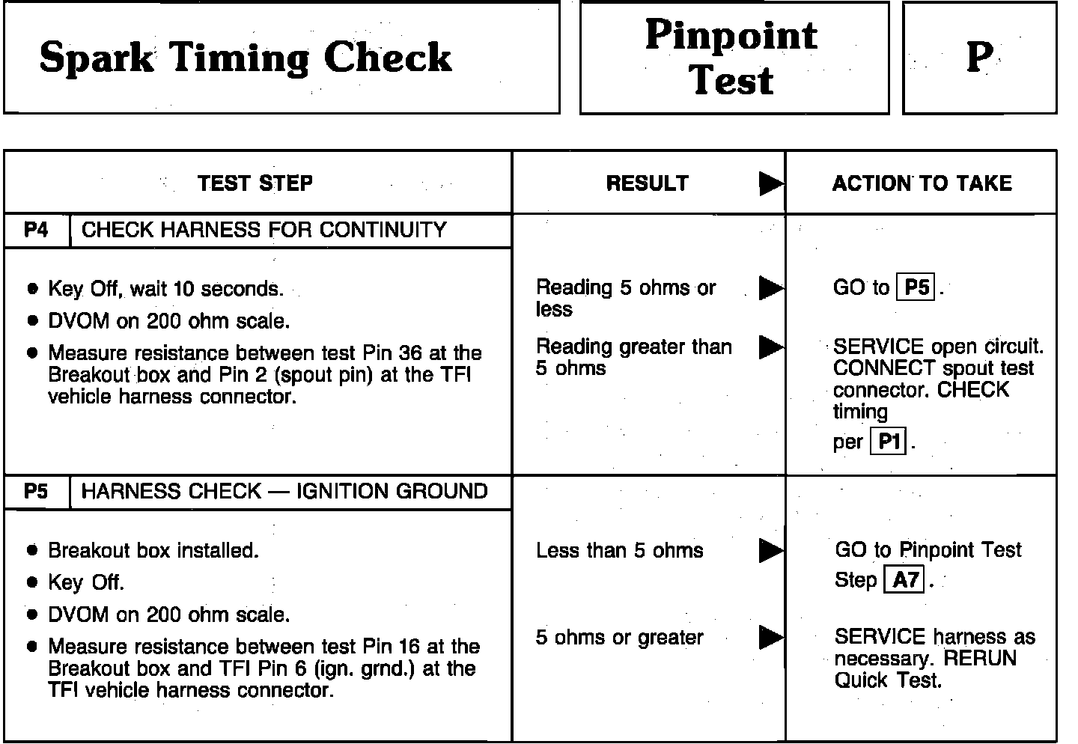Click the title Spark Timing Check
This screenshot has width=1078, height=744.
pyautogui.click(x=246, y=58)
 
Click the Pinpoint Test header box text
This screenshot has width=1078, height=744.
pyautogui.click(x=731, y=58)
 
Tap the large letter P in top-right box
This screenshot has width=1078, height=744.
pyautogui.click(x=979, y=58)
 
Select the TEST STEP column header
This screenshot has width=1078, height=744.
pyautogui.click(x=255, y=183)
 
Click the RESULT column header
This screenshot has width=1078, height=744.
pyautogui.click(x=647, y=183)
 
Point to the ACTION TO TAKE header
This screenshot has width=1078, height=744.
pyautogui.click(x=922, y=183)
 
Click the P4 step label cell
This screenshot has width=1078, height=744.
pyautogui.click(x=36, y=230)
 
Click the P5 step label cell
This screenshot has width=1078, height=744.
pyautogui.click(x=36, y=492)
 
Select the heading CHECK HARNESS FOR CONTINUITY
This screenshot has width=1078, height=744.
pyautogui.click(x=264, y=230)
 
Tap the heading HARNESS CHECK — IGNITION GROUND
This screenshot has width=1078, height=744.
pyautogui.click(x=284, y=492)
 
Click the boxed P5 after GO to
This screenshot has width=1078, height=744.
pyautogui.click(x=916, y=288)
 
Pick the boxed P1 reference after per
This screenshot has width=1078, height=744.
pyautogui.click(x=889, y=442)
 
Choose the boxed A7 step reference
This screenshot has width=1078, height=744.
pyautogui.click(x=905, y=580)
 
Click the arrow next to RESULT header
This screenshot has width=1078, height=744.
pyautogui.click(x=770, y=183)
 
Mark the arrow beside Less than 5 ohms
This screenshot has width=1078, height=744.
pyautogui.click(x=770, y=551)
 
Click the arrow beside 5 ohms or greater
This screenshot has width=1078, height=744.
pyautogui.click(x=770, y=638)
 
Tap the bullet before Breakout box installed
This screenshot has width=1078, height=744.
pyautogui.click(x=31, y=551)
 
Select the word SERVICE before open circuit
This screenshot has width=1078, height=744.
pyautogui.click(x=868, y=347)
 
